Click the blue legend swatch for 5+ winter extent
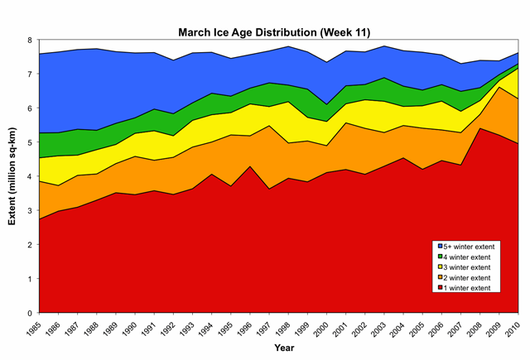437,247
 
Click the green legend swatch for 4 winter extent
437,257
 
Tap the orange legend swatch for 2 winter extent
437,278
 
